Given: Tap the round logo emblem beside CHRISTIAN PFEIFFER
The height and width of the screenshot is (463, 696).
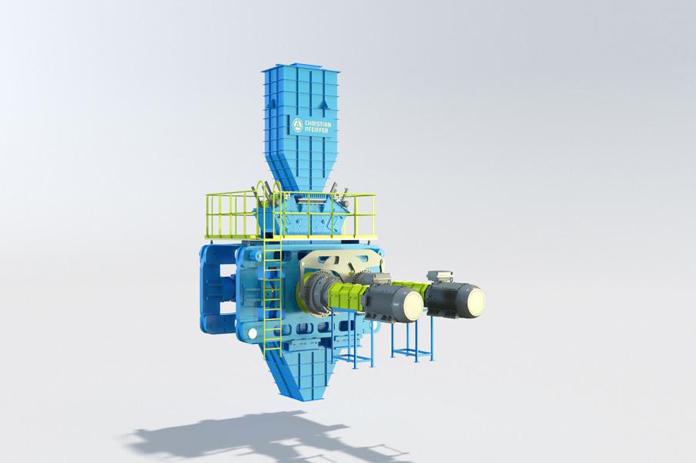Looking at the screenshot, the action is click(297, 125).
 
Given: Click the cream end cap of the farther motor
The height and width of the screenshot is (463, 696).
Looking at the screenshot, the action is click(470, 300).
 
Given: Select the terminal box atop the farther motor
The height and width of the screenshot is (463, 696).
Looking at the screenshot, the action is click(438, 276).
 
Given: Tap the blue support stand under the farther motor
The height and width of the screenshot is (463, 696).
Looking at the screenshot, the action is click(412, 340).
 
